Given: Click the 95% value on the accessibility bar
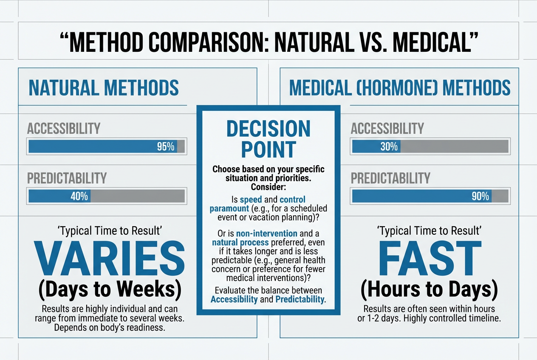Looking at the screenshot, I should pyautogui.click(x=166, y=147).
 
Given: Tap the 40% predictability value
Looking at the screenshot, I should pyautogui.click(x=79, y=197).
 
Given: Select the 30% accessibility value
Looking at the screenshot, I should pyautogui.click(x=389, y=147).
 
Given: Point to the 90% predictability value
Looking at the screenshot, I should pyautogui.click(x=480, y=197).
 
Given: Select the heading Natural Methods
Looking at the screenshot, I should pyautogui.click(x=104, y=87).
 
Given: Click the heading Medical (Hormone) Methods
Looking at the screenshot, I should pyautogui.click(x=400, y=87).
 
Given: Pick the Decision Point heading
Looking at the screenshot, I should pyautogui.click(x=268, y=139).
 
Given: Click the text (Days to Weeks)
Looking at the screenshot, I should pyautogui.click(x=110, y=289).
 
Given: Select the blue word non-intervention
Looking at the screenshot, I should pyautogui.click(x=261, y=233).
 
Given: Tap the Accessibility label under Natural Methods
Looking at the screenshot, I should pyautogui.click(x=64, y=128).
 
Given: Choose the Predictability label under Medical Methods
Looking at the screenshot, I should pyautogui.click(x=390, y=178).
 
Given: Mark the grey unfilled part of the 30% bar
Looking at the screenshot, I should pyautogui.click(x=454, y=147).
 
